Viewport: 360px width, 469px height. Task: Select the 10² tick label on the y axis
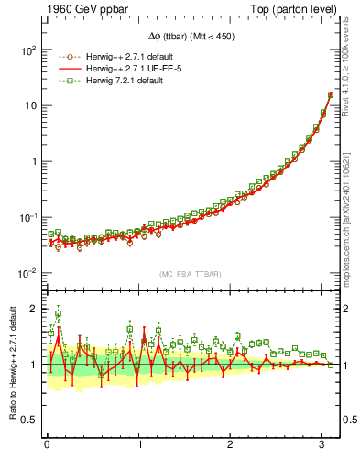tap(27, 49)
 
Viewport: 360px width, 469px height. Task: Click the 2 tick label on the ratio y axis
tap(33, 309)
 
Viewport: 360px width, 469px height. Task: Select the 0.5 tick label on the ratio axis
tap(29, 420)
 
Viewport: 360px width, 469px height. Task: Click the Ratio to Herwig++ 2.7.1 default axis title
tap(11, 365)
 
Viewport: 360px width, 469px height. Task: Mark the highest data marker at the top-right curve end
tap(331, 94)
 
